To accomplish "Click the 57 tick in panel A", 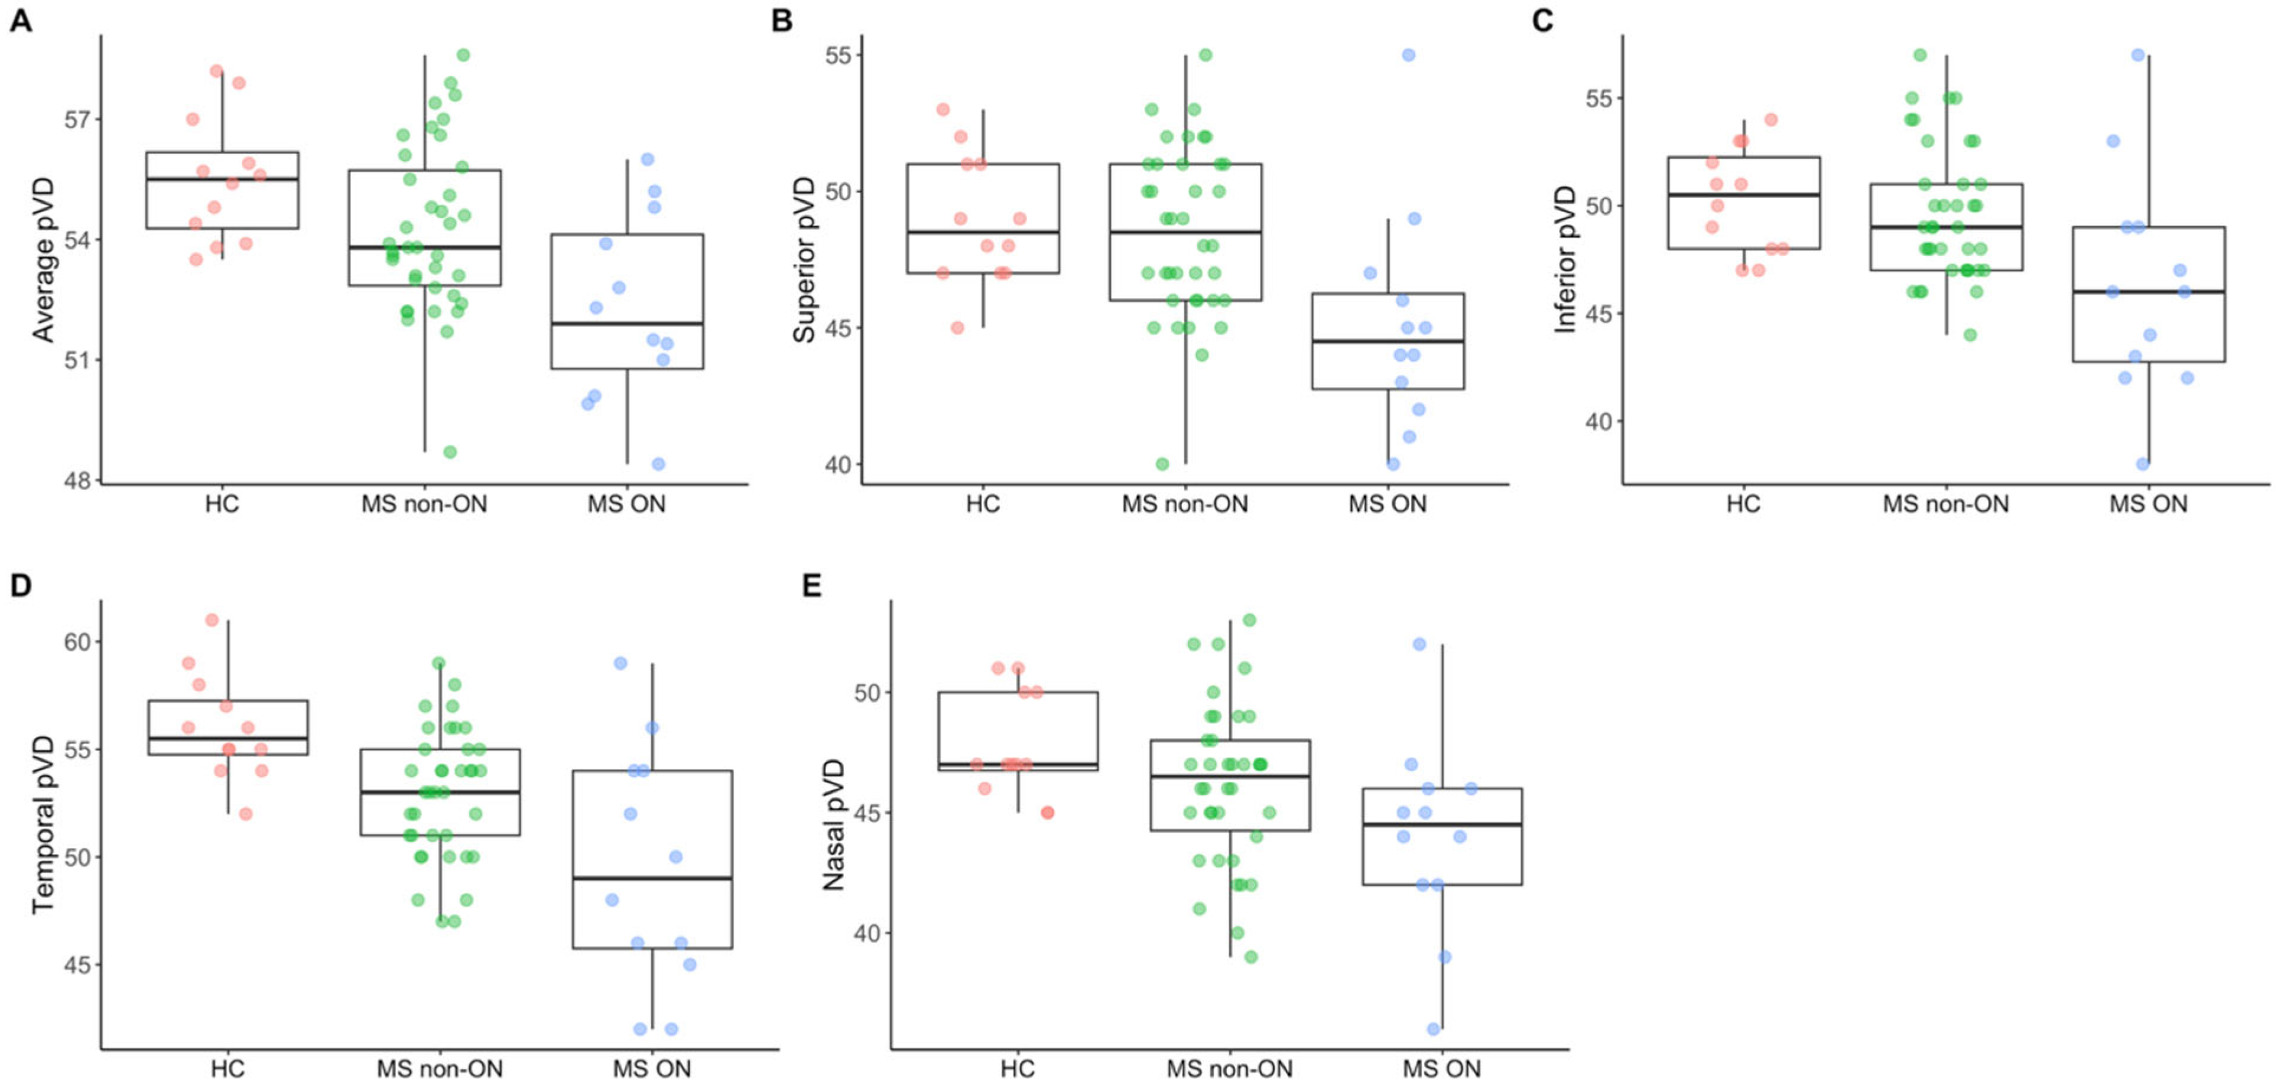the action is (x=77, y=119).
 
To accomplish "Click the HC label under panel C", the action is (x=1743, y=504).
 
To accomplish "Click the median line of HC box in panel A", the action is (x=222, y=179).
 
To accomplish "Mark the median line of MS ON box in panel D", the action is (x=652, y=878).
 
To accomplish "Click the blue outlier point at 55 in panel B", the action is (x=1409, y=55).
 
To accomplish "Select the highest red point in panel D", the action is (x=213, y=619).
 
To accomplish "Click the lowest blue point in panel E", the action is (x=1434, y=1029).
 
